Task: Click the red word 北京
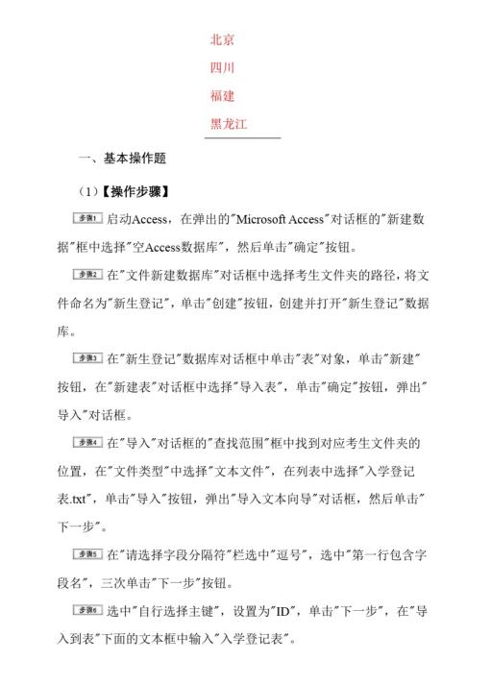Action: click(x=223, y=40)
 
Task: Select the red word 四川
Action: click(x=223, y=68)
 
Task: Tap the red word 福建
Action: click(x=223, y=96)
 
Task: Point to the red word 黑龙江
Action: click(x=230, y=124)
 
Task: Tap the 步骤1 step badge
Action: click(x=89, y=219)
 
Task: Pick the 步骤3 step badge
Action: click(x=89, y=358)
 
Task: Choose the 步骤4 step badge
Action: click(x=89, y=443)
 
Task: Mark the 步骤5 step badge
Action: click(x=89, y=554)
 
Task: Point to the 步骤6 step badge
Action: click(x=89, y=611)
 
